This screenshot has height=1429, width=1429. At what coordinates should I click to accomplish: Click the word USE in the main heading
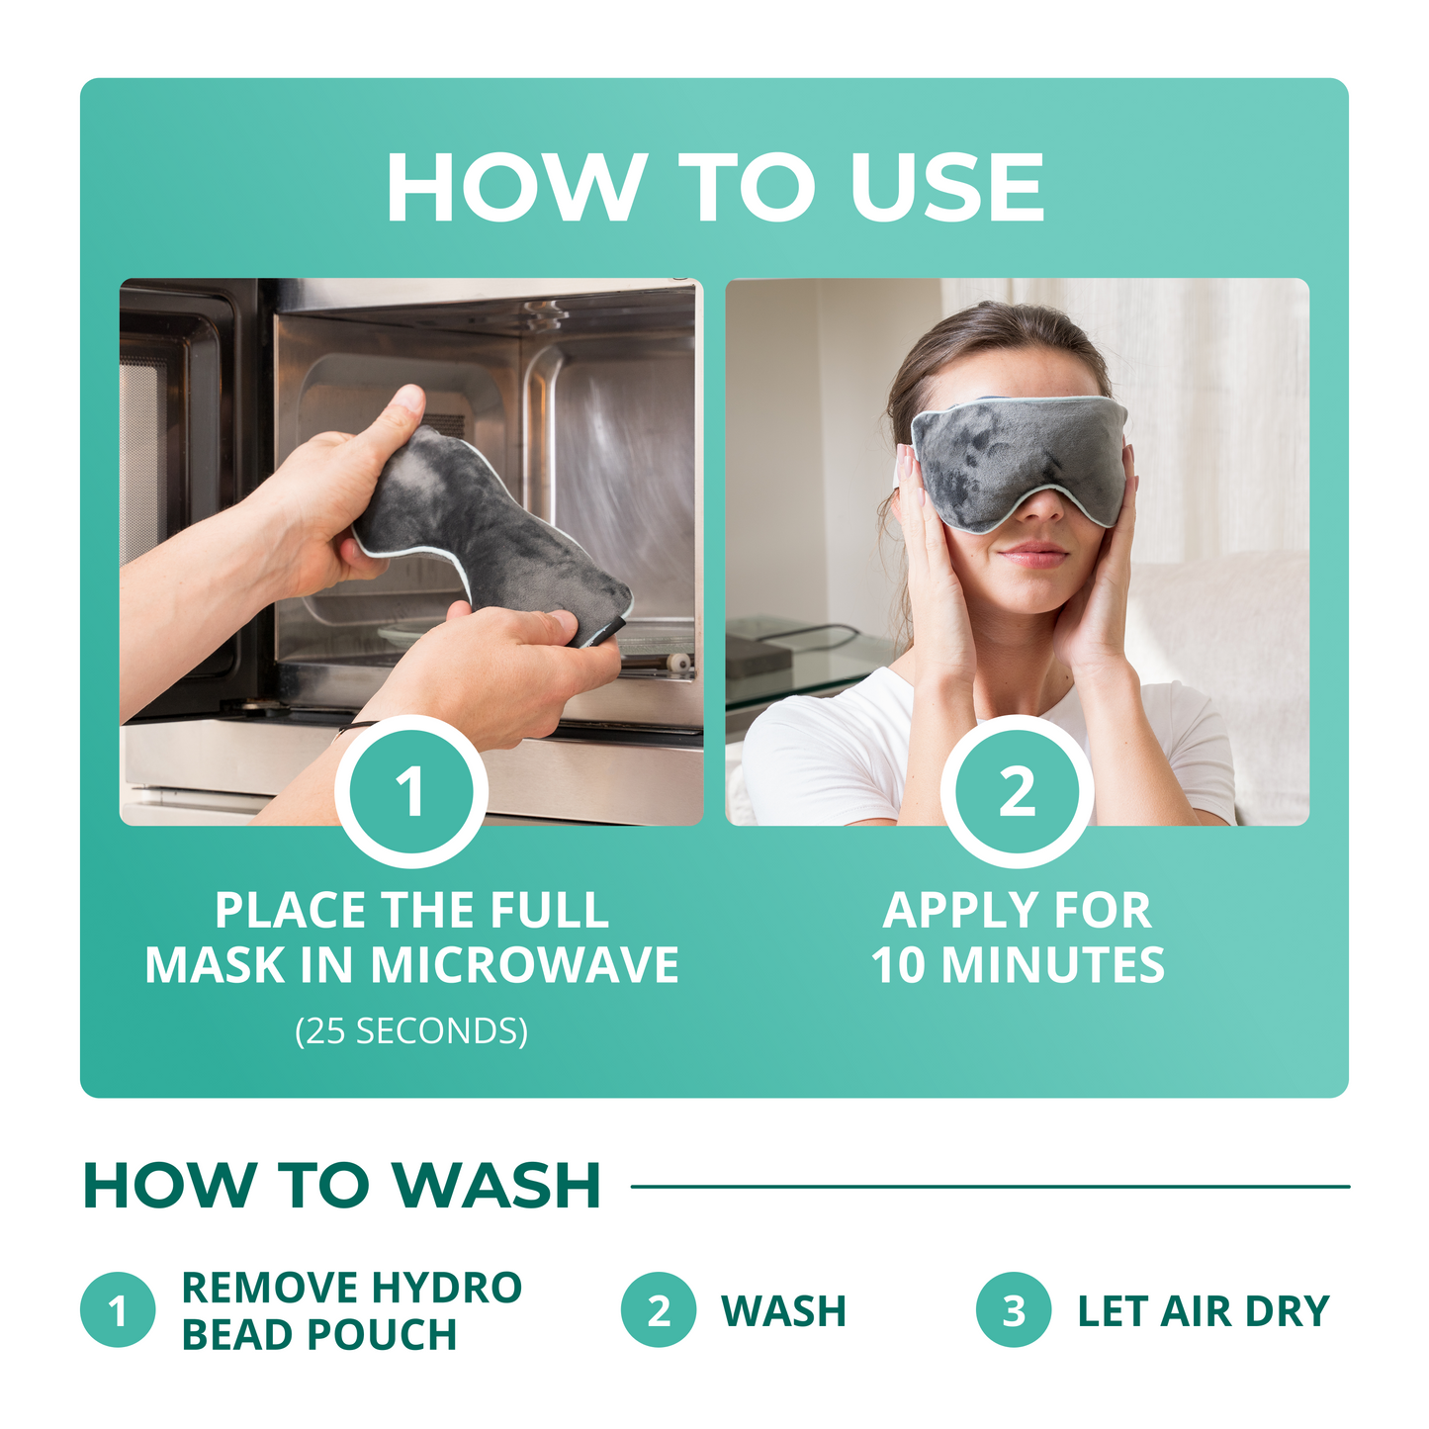coord(946,188)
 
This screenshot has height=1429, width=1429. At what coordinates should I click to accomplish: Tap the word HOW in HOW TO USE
coord(513,188)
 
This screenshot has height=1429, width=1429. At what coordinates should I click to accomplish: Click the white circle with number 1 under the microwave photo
coord(410,791)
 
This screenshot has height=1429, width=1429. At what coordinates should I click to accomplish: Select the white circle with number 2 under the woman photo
coord(1017,791)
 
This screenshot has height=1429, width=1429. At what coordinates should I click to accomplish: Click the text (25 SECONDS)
coord(411,1031)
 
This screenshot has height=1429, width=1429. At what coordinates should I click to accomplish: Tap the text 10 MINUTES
coord(1018,965)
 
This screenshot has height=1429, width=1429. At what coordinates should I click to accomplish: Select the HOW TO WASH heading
coord(342,1185)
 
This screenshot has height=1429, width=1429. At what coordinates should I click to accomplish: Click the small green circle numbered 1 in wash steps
coord(118,1310)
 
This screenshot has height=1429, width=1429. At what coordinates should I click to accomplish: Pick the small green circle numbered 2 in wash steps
coord(659,1310)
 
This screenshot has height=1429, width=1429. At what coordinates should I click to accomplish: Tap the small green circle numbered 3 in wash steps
coord(1013,1310)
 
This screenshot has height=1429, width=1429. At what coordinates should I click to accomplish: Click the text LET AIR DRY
coord(1204,1311)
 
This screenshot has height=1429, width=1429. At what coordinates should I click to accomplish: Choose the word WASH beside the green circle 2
coord(783,1311)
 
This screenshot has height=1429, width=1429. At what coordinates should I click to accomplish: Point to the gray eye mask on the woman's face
coord(1019,460)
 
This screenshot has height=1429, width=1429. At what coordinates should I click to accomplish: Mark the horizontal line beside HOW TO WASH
coord(989,1186)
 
